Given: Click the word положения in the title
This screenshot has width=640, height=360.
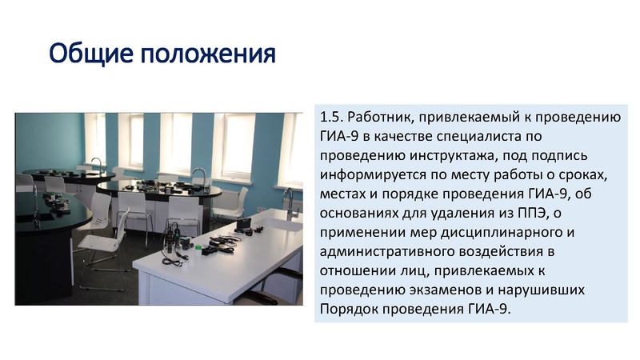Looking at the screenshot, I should (x=207, y=54).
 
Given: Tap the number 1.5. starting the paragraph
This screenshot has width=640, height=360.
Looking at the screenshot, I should (x=330, y=118).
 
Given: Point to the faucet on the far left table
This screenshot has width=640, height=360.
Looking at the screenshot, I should (x=95, y=164).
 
